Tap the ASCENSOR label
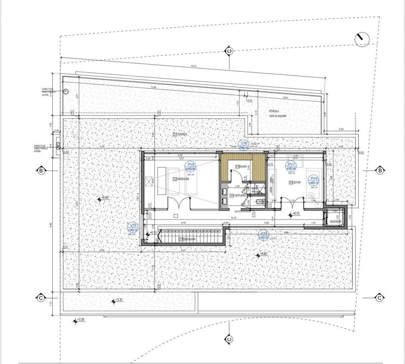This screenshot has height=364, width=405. click(x=336, y=221)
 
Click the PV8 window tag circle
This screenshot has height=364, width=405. click(x=314, y=181)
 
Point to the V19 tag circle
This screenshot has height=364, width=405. click(x=134, y=227)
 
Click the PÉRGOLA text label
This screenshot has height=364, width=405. click(x=274, y=111)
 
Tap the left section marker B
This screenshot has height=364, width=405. click(x=41, y=171)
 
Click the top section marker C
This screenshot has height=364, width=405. click(x=229, y=51)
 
